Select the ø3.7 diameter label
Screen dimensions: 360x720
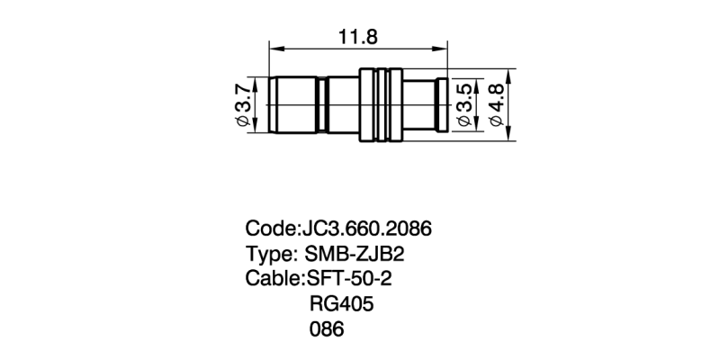tap(242, 105)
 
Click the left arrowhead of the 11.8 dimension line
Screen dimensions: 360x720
tap(273, 50)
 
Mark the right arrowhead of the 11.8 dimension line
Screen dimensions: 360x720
tap(444, 50)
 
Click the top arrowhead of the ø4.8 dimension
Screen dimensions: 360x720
tap(510, 74)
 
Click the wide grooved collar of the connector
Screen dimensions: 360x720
tap(380, 104)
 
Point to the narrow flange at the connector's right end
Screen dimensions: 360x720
tap(442, 105)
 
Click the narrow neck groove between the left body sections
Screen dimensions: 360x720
tap(323, 105)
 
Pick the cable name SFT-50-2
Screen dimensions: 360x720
tap(349, 278)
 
